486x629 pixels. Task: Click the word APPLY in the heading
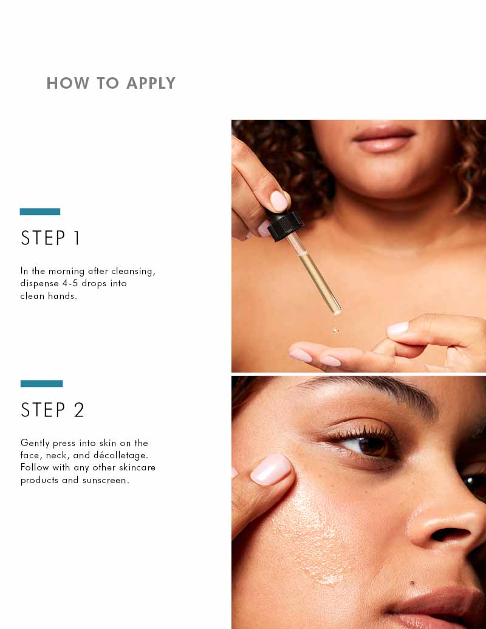click(x=151, y=83)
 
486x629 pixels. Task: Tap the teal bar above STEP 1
click(x=40, y=212)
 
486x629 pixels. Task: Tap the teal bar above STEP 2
click(x=42, y=383)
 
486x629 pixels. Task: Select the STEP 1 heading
click(x=50, y=238)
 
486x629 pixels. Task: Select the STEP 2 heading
click(x=52, y=410)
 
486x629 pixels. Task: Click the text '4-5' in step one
click(x=70, y=283)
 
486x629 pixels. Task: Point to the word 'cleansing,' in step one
click(x=133, y=272)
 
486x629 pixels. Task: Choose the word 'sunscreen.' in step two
click(x=106, y=480)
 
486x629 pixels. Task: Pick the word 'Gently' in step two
click(x=35, y=443)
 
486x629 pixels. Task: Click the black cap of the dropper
click(x=285, y=225)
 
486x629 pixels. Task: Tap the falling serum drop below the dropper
click(x=335, y=331)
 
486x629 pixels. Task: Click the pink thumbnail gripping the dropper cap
click(x=279, y=201)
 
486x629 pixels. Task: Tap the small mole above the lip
click(x=412, y=583)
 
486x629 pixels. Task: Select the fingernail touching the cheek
click(x=271, y=470)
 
